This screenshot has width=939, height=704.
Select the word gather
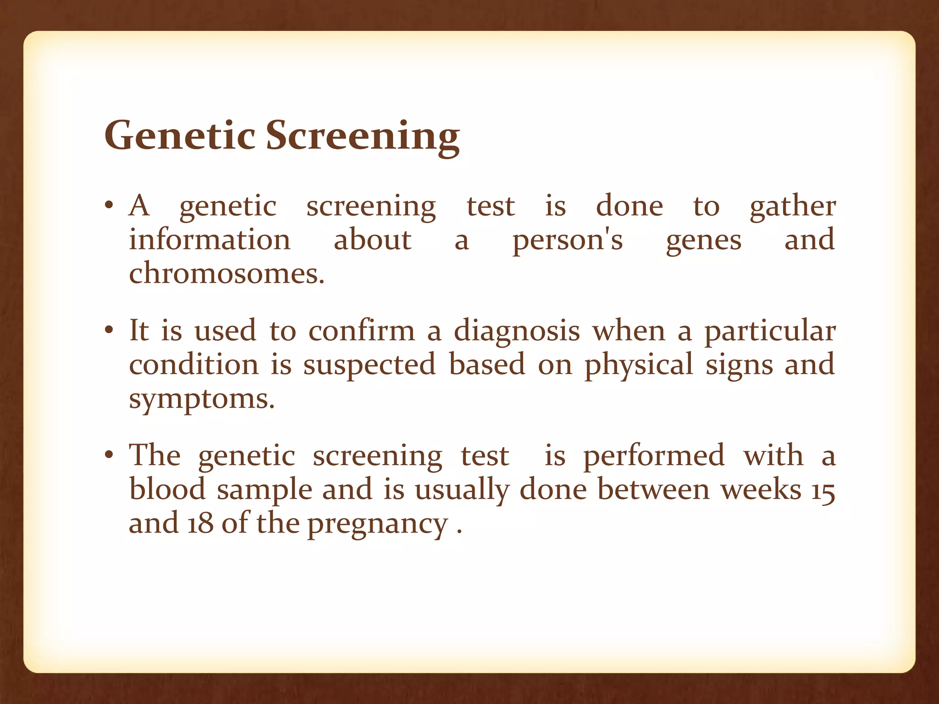793,207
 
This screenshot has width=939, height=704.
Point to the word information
210,240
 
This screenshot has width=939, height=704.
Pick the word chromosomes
226,274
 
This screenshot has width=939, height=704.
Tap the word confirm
361,331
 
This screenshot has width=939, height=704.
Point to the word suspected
369,365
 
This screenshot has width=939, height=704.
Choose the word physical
638,365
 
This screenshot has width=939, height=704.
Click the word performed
654,456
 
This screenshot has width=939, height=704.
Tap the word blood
167,489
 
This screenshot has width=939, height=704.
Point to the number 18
200,523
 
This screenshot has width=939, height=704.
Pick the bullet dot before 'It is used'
109,331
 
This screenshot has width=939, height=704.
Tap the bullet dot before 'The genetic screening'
109,456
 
